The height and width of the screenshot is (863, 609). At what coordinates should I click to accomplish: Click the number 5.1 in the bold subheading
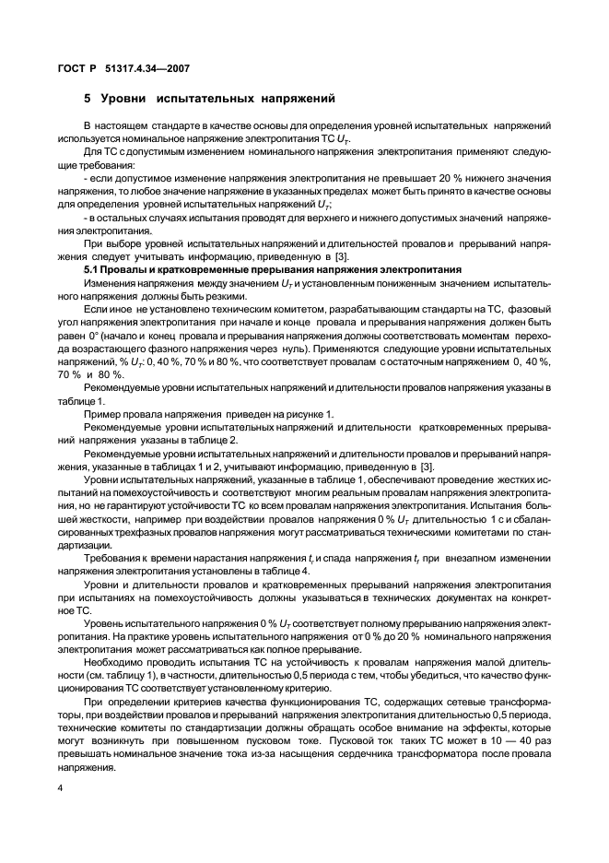93,269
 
